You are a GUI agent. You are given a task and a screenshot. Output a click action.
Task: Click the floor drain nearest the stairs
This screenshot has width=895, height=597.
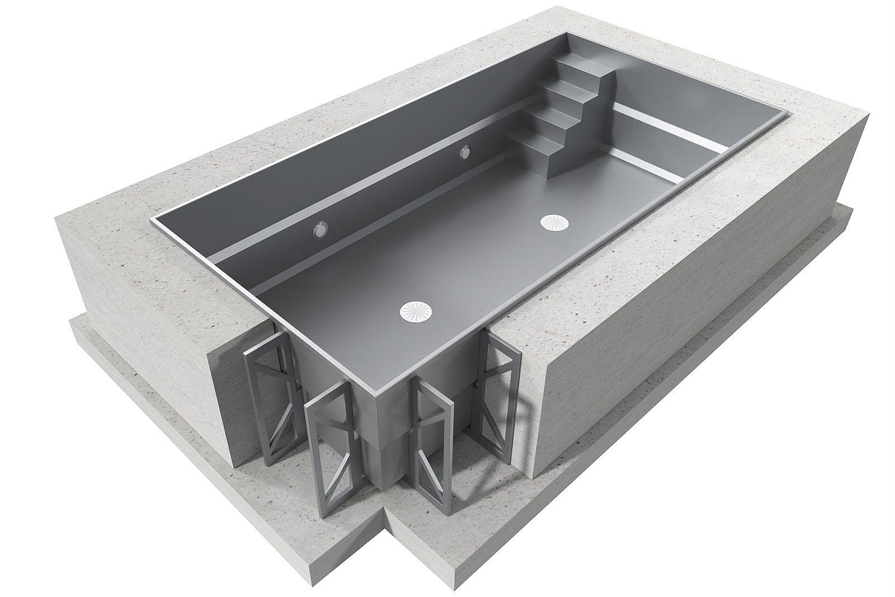tap(554, 222)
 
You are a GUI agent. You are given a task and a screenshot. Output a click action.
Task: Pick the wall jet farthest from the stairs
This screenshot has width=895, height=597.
tap(321, 229)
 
